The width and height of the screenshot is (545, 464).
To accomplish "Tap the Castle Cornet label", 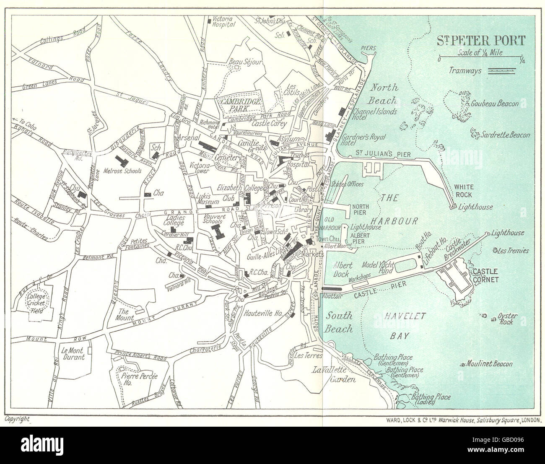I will pyautogui.click(x=485, y=274).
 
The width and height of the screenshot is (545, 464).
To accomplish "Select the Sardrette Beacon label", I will pyautogui.click(x=506, y=135).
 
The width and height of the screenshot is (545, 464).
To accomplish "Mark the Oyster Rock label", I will pyautogui.click(x=508, y=319).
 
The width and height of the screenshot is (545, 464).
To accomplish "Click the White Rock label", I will pyautogui.click(x=463, y=191).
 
